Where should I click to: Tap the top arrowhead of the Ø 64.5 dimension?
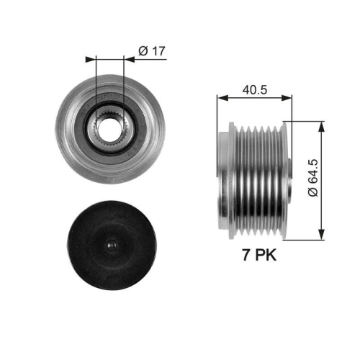320,124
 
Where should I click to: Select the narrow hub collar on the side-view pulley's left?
227,180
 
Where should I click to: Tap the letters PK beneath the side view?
266,255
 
